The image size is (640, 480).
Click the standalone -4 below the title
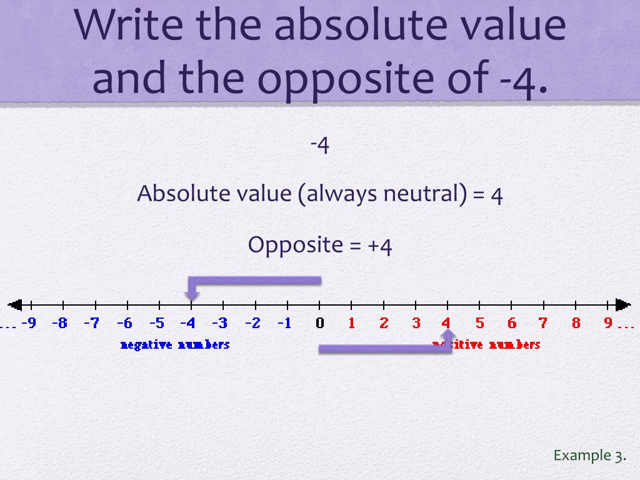click(319, 145)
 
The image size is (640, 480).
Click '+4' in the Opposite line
click(380, 244)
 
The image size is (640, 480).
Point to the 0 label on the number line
click(320, 323)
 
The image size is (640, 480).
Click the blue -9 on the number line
click(28, 323)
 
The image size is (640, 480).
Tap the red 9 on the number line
click(608, 323)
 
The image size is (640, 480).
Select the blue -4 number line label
click(187, 323)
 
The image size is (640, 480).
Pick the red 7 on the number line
click(543, 323)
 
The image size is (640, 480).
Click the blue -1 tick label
click(284, 323)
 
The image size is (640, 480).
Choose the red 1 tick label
click(352, 323)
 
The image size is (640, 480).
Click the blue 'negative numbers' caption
click(175, 344)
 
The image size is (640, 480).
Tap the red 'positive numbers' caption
click(494, 344)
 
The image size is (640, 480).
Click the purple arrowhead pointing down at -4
click(192, 294)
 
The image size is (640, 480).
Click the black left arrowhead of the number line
click(15, 305)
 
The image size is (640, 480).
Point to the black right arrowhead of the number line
click(623, 305)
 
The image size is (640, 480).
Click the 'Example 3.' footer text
click(589, 455)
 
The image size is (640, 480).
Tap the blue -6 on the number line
click(124, 323)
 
